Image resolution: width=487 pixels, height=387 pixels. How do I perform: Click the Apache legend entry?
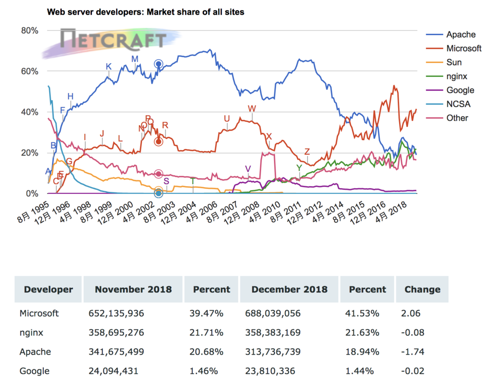tap(460, 34)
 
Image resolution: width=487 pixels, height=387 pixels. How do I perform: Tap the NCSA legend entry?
tap(457, 104)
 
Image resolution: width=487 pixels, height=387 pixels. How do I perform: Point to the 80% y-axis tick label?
tap(29, 30)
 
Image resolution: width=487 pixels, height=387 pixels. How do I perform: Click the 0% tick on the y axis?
tap(31, 194)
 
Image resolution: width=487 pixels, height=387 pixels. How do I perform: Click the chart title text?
tap(146, 12)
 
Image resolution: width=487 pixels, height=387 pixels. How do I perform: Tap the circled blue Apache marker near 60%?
tap(158, 64)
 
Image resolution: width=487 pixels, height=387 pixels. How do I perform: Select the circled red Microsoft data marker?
tap(158, 142)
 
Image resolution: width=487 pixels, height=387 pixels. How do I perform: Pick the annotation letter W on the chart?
tap(252, 109)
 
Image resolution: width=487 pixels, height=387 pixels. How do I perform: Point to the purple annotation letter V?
tap(248, 169)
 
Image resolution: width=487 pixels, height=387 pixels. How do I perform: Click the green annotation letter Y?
tap(299, 168)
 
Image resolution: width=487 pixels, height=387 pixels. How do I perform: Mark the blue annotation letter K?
tap(108, 66)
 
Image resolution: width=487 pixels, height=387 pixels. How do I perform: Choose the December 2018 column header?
tap(289, 289)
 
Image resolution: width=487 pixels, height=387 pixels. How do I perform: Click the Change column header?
tap(422, 289)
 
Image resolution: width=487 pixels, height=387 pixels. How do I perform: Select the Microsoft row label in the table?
tap(39, 313)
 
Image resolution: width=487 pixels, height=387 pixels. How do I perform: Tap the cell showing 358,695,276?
tap(116, 333)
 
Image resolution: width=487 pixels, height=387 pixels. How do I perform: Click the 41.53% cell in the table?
tap(364, 313)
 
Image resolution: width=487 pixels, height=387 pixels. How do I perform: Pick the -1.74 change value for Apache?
tap(413, 352)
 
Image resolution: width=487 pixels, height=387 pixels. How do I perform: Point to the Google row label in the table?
tap(34, 371)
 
